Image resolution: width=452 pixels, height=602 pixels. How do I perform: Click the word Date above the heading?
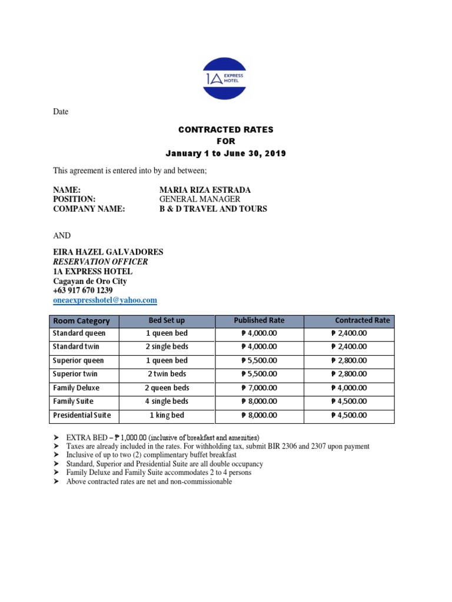[x=61, y=112]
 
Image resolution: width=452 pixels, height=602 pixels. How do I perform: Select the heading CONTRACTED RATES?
[x=226, y=129]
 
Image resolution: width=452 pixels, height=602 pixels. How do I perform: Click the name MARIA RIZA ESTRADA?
[x=205, y=190]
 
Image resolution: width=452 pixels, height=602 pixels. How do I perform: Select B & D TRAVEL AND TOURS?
[x=213, y=209]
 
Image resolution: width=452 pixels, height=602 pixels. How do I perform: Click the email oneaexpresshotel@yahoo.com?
[x=105, y=300]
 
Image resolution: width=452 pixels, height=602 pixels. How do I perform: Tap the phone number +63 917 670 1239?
[x=83, y=290]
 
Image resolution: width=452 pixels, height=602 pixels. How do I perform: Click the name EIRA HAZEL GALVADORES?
[x=108, y=252]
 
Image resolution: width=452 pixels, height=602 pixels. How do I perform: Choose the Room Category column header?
[x=81, y=321]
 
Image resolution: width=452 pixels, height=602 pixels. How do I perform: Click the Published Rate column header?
[x=259, y=320]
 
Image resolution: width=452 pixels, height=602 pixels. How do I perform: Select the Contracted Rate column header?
[x=362, y=320]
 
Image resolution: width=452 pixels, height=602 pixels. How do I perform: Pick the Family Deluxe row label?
[x=76, y=388]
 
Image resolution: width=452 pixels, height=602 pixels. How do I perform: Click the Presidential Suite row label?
[x=82, y=415]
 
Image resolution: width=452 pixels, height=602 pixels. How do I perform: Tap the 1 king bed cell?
[x=168, y=415]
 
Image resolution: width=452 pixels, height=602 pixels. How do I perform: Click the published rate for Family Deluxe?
[x=259, y=388]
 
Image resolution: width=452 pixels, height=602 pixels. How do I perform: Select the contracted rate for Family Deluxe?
[x=349, y=388]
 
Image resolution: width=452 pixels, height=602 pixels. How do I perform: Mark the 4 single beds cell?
[x=168, y=402]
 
